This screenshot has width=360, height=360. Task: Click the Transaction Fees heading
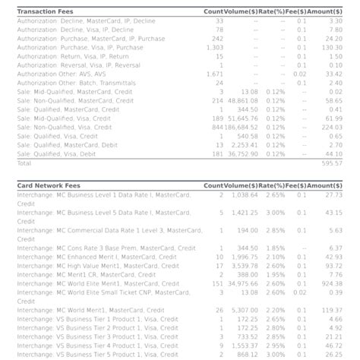click(45, 11)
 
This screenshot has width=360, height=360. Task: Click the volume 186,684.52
click(243, 127)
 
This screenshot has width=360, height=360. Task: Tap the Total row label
click(24, 163)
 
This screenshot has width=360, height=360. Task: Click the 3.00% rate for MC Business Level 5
click(276, 213)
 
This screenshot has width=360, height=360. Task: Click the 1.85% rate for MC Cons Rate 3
click(276, 248)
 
